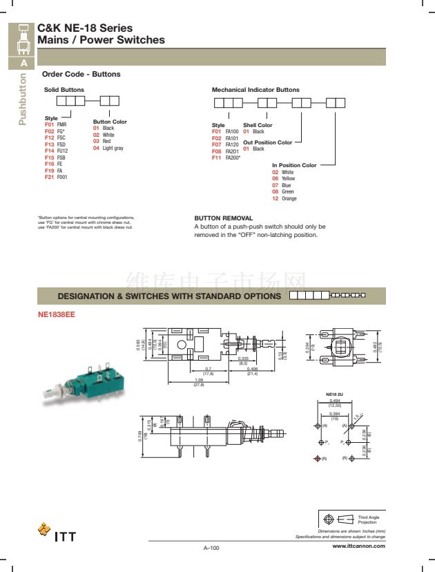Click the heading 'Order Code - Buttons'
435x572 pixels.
(81, 74)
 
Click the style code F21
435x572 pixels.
(49, 178)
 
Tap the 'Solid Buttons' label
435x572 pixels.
(64, 90)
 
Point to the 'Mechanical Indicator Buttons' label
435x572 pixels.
(255, 90)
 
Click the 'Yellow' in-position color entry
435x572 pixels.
(288, 178)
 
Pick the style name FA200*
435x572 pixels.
(233, 158)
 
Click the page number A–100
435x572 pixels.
(211, 548)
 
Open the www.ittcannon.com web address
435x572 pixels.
(358, 546)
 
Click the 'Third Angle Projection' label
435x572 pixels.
(367, 519)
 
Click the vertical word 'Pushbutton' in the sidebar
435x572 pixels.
(23, 99)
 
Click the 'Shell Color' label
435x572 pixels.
(258, 125)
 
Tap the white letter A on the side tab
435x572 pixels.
(23, 63)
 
